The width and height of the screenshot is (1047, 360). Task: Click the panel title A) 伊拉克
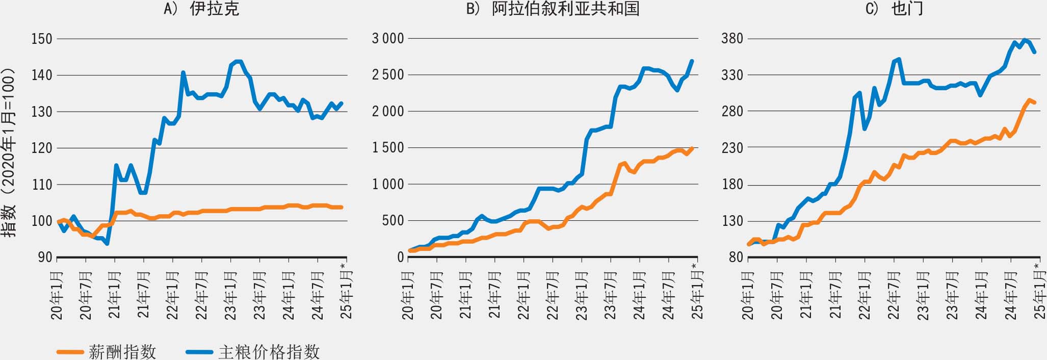[x=201, y=9]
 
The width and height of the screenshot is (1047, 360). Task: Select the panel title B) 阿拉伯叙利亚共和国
[x=553, y=9]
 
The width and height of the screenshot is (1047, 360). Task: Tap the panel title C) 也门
[x=894, y=9]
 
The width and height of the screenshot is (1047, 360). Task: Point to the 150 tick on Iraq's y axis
[x=42, y=39]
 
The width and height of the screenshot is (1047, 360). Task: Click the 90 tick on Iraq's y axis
[x=45, y=258]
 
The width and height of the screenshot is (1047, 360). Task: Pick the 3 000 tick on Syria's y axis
[x=388, y=39]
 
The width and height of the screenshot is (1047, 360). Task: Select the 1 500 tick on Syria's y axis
[x=388, y=148]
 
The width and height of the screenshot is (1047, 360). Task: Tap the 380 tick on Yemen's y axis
[x=732, y=39]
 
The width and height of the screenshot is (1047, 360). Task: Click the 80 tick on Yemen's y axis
[x=736, y=258]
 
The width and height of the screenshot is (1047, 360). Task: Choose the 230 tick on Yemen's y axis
[x=732, y=148]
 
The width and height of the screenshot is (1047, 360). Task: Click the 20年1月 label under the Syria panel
[x=408, y=296]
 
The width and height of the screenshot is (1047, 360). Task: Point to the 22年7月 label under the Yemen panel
[x=894, y=296]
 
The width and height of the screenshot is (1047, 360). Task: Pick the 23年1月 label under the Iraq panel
[x=230, y=296]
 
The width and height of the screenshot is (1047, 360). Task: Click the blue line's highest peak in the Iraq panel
[x=238, y=61]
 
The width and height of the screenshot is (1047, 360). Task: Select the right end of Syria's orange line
[x=692, y=148]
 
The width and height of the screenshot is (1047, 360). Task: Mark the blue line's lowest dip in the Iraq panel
[x=107, y=244]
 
